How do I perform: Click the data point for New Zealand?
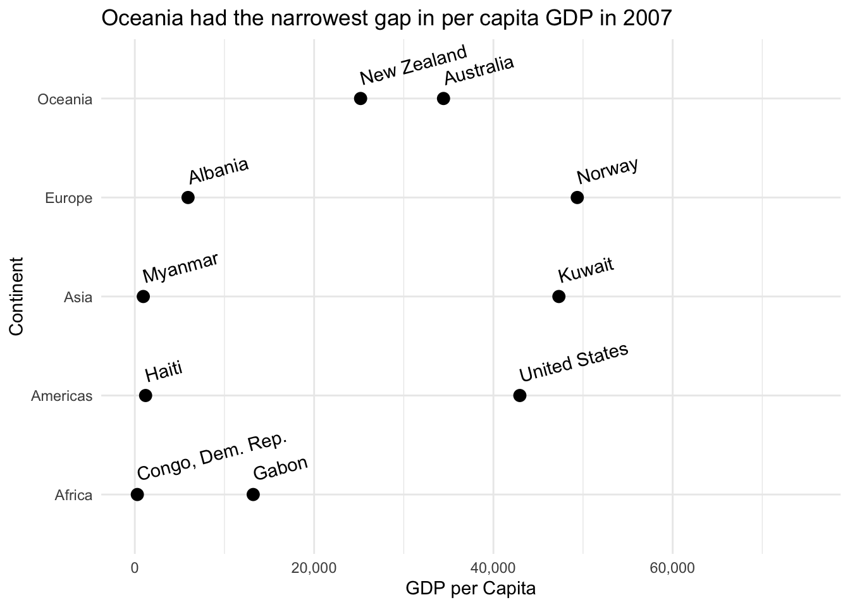point(360,99)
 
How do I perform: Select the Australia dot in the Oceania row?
point(443,99)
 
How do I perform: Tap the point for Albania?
point(188,197)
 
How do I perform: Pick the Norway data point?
point(577,197)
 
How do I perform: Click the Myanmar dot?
point(144,297)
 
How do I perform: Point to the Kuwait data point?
point(558,297)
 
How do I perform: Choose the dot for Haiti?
point(145,396)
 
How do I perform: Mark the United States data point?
point(520,396)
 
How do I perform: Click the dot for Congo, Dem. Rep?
point(137,494)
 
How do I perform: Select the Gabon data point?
point(253,494)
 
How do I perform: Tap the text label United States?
point(573,362)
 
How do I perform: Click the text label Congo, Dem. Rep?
point(212,457)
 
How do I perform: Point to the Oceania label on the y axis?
point(65,99)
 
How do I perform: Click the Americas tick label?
point(62,396)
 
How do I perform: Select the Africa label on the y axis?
point(74,495)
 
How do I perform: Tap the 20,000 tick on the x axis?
point(314,568)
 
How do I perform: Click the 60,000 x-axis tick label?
point(672,568)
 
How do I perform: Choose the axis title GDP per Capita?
point(471,589)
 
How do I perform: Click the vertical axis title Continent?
point(16,297)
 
